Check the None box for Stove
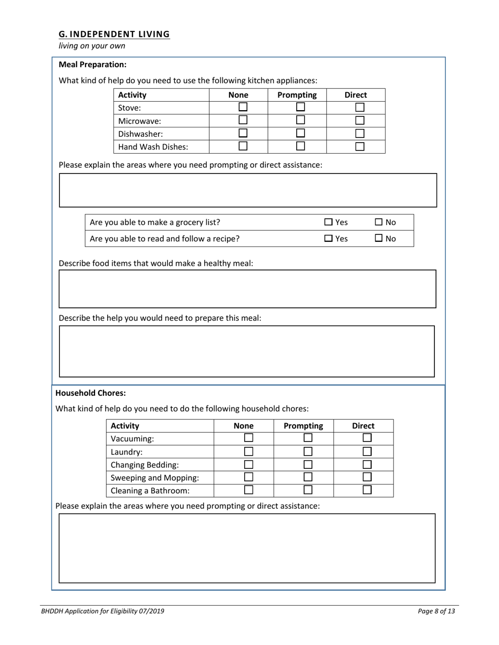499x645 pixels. tap(243, 107)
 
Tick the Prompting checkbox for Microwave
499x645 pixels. tap(300, 121)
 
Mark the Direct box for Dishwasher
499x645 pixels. tap(360, 134)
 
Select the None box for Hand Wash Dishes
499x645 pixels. tap(243, 146)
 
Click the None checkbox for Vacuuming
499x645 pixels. tap(249, 438)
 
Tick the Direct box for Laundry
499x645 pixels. tap(367, 451)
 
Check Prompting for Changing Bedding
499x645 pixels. tap(308, 464)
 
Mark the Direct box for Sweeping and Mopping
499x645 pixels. tap(367, 477)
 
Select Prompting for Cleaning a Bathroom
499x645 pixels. tap(308, 490)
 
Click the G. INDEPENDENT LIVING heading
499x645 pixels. tap(114, 34)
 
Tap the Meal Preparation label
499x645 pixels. tap(92, 64)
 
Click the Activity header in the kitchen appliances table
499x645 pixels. tap(132, 95)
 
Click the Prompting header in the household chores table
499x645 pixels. tap(303, 426)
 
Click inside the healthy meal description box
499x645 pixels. tap(247, 289)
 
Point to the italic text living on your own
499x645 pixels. tap(92, 46)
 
